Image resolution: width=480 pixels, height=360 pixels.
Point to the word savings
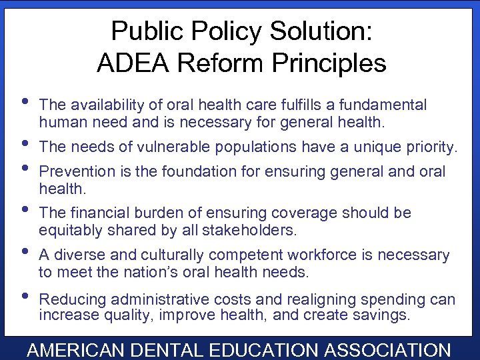click(x=385, y=315)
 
